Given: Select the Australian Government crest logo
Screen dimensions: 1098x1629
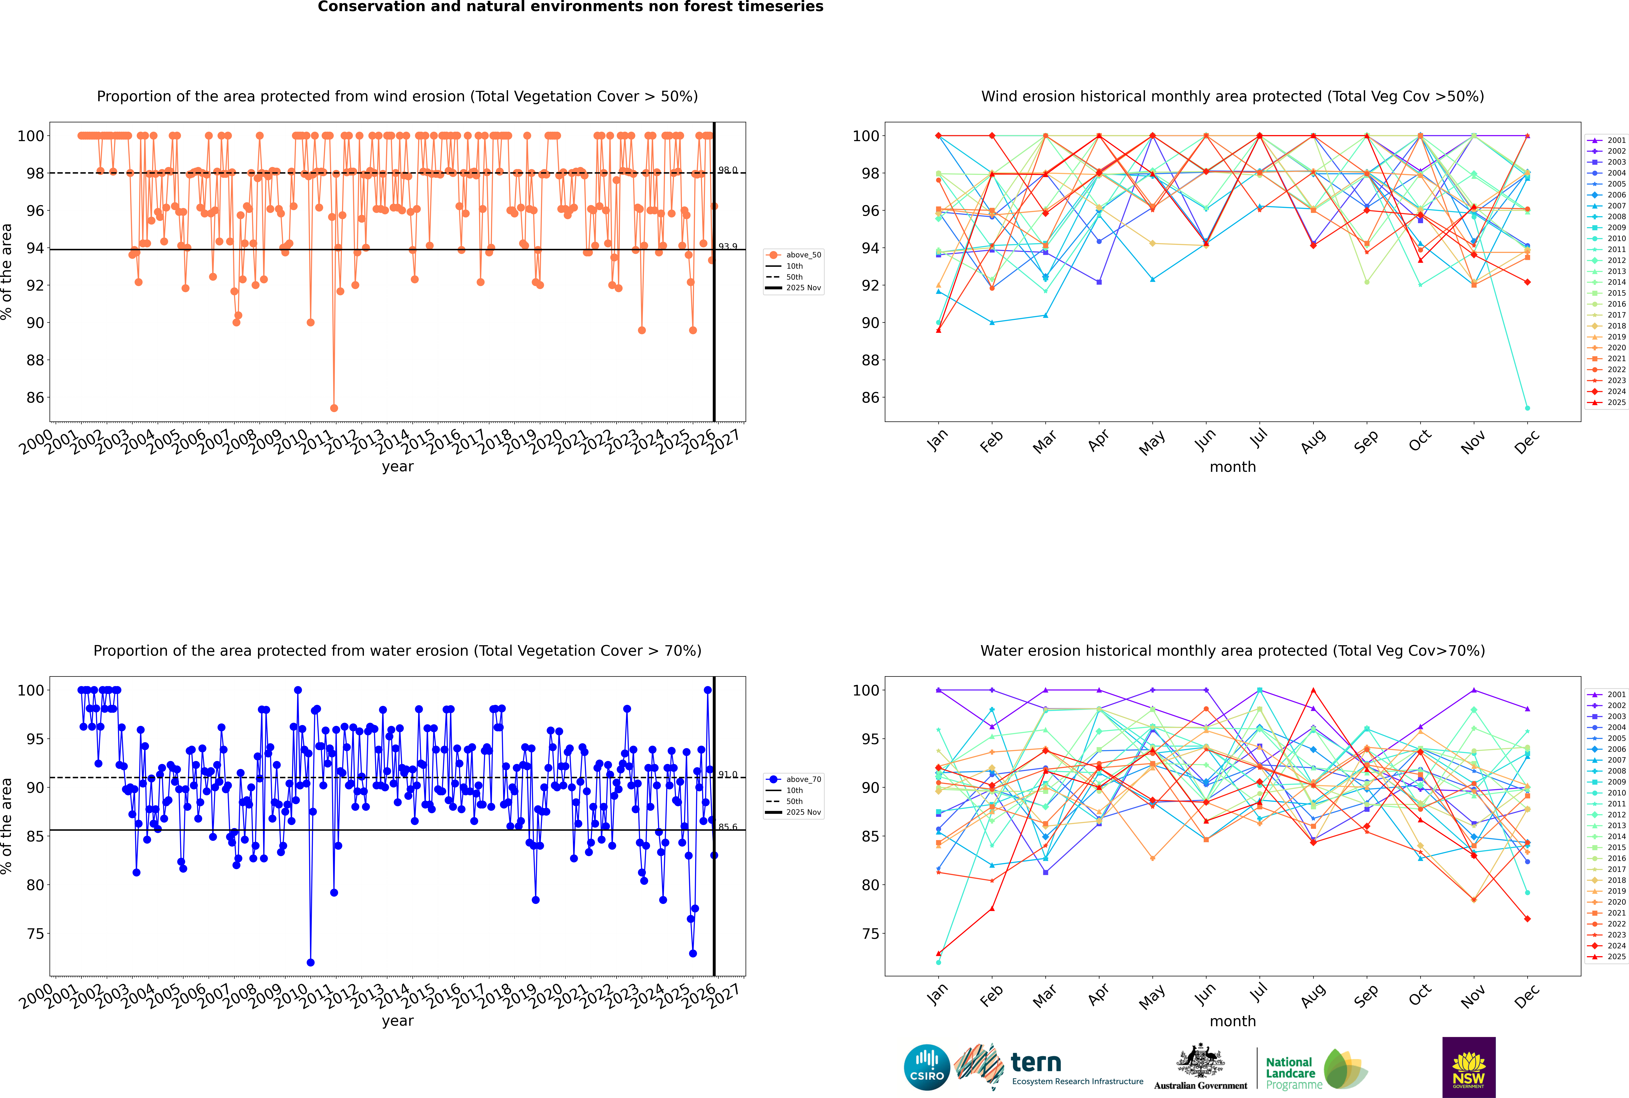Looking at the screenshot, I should (x=1200, y=1066).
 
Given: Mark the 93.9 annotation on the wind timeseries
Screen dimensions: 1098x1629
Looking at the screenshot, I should (x=728, y=246).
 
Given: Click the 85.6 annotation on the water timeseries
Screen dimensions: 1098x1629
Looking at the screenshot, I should (x=728, y=827).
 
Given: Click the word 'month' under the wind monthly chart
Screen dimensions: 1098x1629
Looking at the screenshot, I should (x=1233, y=467).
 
